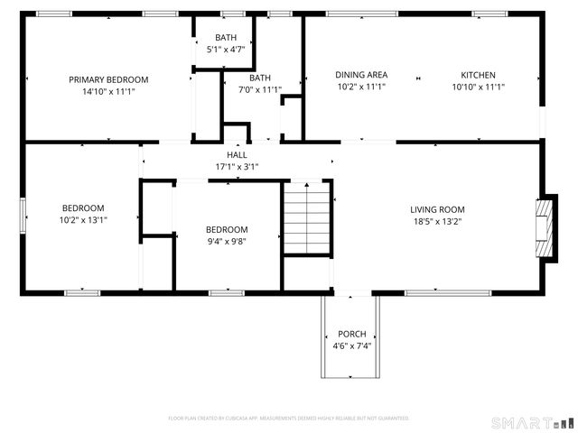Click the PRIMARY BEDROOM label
tap(108, 79)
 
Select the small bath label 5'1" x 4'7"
tap(225, 50)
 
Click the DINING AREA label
tap(361, 75)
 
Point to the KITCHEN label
tap(478, 75)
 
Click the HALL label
tap(237, 155)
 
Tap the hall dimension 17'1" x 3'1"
tap(237, 167)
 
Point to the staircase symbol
tap(307, 218)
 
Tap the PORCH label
tap(351, 334)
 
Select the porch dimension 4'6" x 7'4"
tap(351, 345)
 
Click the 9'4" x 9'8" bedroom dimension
tap(226, 241)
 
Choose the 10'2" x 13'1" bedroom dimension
tap(83, 219)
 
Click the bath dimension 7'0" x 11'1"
tap(260, 89)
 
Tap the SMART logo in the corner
tap(531, 422)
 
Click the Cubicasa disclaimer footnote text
tap(289, 419)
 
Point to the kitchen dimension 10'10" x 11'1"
tap(478, 88)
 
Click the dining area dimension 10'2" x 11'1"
tap(361, 88)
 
